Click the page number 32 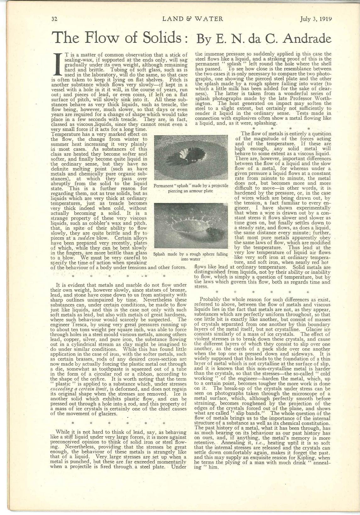[54, 19]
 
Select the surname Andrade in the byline [305, 39]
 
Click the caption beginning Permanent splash [191, 188]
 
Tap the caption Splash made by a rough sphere [190, 256]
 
